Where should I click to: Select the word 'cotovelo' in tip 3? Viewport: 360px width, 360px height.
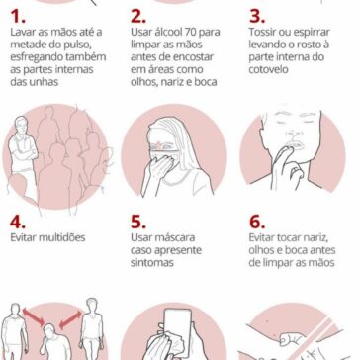coord(269,69)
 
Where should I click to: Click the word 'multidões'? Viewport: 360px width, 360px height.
coord(62,237)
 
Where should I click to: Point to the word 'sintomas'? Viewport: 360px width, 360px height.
coord(151,263)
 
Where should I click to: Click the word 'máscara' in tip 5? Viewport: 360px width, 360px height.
coord(174,237)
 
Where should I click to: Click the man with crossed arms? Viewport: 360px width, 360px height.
coord(23,151)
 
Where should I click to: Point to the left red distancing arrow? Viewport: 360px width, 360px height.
coord(33,316)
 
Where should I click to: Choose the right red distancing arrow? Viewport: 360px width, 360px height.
coord(70,319)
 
